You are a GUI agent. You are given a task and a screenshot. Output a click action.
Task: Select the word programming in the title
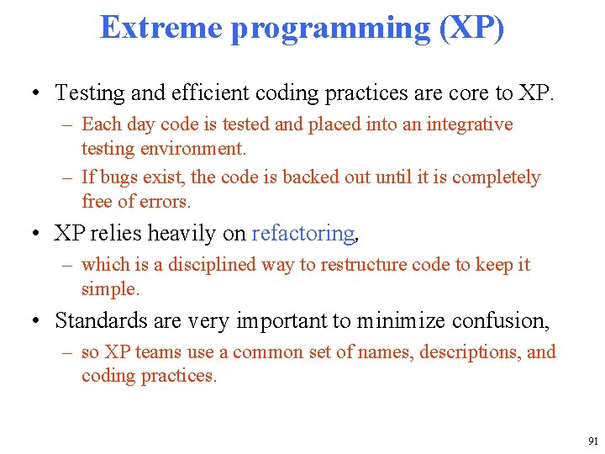(330, 27)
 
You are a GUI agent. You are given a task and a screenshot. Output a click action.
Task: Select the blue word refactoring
(303, 233)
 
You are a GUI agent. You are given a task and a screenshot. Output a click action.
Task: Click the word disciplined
(211, 265)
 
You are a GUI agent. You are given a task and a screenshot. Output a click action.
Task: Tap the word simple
(109, 289)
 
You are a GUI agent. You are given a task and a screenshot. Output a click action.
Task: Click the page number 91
(593, 441)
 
